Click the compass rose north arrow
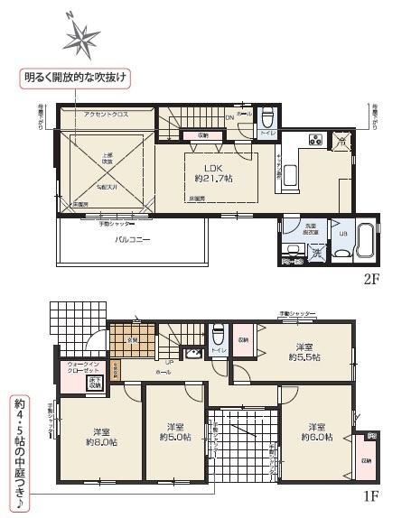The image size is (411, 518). [x=80, y=37]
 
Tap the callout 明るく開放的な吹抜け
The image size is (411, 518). [x=76, y=78]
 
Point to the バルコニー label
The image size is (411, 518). [x=132, y=240]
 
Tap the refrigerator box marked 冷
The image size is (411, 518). [x=341, y=140]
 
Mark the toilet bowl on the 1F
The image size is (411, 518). [x=217, y=333]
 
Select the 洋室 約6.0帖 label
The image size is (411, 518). [x=315, y=431]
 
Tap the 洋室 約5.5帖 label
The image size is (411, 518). [x=304, y=351]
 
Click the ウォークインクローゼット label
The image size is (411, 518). [x=82, y=367]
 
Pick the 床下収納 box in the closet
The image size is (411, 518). [x=94, y=384]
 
